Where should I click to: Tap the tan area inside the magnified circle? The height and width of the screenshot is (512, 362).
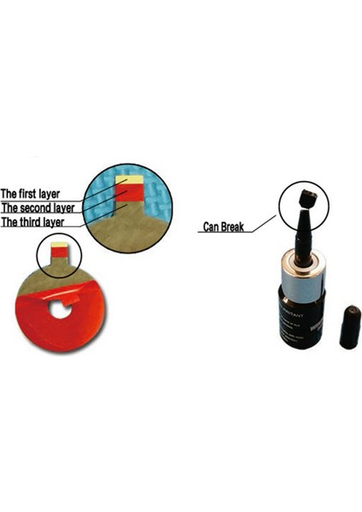(128, 235)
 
